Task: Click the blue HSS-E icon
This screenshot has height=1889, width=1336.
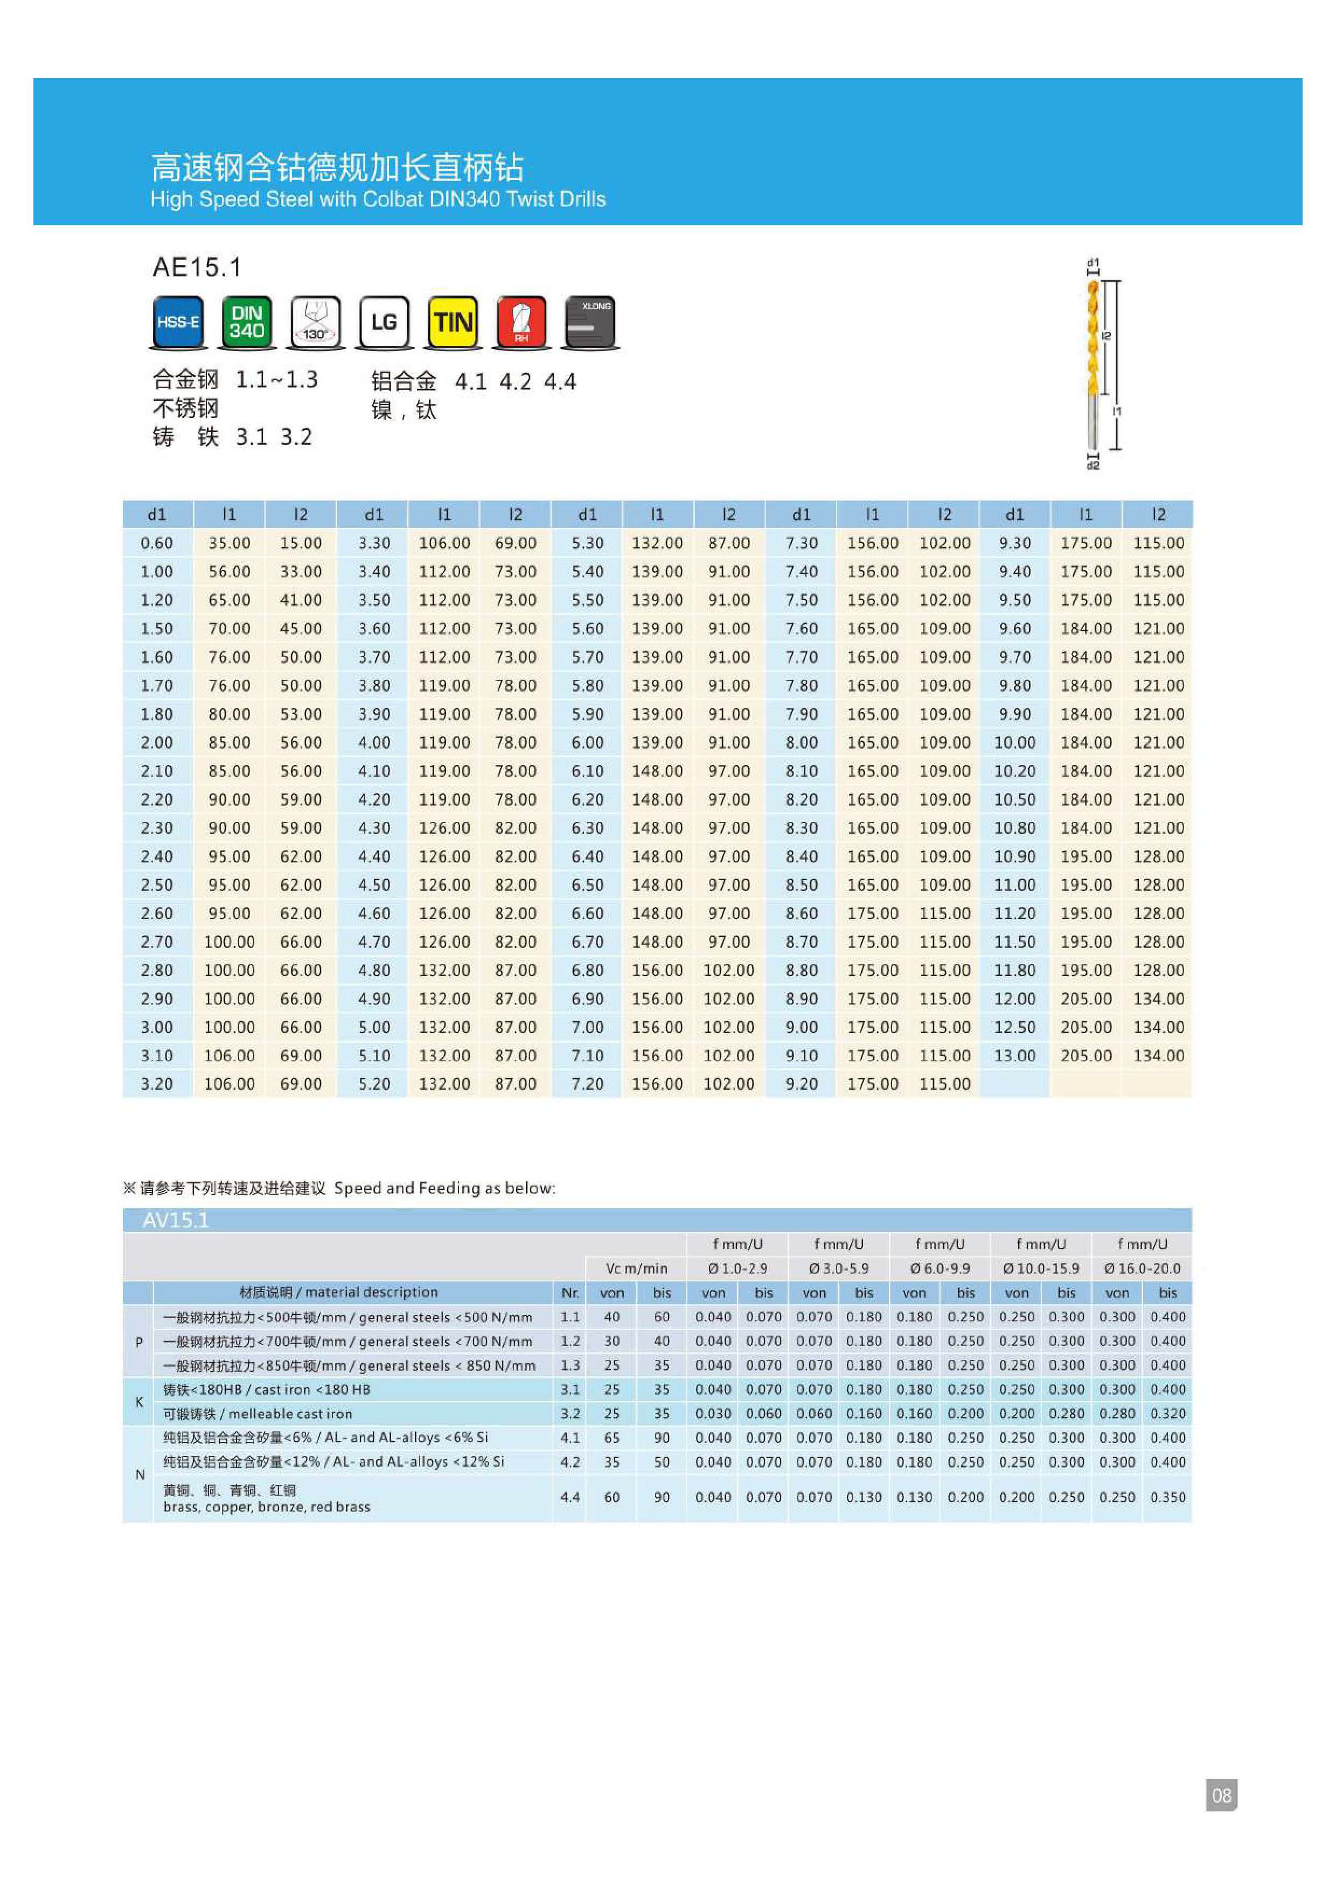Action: point(178,323)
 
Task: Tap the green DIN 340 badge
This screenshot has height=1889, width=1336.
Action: point(247,323)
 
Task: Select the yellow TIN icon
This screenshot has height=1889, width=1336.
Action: point(453,323)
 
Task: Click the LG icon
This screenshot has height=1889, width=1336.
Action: point(384,323)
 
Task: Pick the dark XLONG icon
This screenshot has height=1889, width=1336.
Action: point(590,323)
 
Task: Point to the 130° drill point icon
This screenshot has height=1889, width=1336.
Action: point(316,323)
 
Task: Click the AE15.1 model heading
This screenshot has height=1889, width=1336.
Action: point(197,267)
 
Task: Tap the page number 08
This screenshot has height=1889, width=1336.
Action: point(1221,1795)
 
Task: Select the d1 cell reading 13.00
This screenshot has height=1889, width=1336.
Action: point(1014,1056)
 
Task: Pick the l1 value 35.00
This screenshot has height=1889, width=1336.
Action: point(229,543)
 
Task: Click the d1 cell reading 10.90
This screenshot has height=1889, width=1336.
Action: point(1014,856)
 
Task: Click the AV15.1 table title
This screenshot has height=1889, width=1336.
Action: point(176,1220)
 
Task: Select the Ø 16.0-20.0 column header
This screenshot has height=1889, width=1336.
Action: point(1142,1268)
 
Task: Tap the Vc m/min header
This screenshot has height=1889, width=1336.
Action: point(636,1268)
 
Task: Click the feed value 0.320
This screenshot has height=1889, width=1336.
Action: point(1167,1413)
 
